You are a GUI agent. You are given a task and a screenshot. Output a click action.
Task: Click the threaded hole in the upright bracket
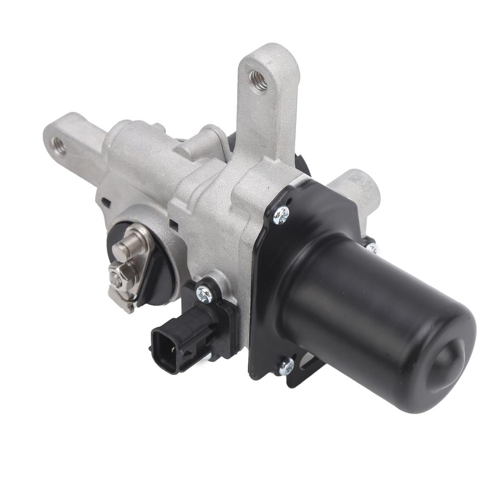(258, 81)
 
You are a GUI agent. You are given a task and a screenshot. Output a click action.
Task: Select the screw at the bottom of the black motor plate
(285, 366)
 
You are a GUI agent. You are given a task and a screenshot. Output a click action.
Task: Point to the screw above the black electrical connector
(204, 295)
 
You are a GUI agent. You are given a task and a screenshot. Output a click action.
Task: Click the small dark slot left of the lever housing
(106, 204)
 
